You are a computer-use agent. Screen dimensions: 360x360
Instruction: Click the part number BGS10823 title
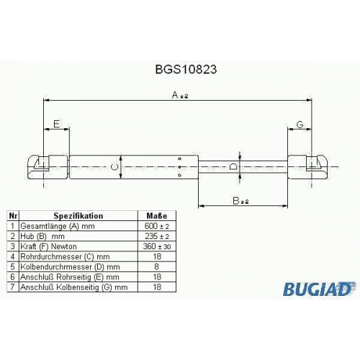tap(186, 69)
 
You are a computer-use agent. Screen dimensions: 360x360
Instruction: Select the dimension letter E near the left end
tap(56, 124)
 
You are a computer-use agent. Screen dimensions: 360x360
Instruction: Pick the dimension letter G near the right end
tap(300, 125)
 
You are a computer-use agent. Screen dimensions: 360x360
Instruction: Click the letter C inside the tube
tap(114, 167)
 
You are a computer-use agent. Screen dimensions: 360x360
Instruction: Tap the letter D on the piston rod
tap(233, 166)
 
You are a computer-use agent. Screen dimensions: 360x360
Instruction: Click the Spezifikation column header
tap(78, 216)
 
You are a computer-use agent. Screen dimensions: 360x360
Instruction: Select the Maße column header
tap(157, 216)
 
